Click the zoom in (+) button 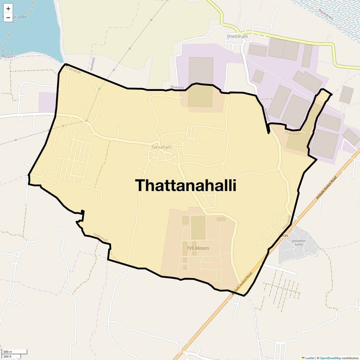[8, 9]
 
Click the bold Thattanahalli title [186, 185]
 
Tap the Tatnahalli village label [161, 147]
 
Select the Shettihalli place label [237, 37]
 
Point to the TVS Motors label [198, 248]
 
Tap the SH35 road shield [284, 236]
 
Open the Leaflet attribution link [310, 358]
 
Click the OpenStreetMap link [330, 358]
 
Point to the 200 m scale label [8, 352]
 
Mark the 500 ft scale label [7, 357]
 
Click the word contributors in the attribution [350, 358]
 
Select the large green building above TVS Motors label [198, 228]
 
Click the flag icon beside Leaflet [303, 358]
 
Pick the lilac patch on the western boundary [47, 102]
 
